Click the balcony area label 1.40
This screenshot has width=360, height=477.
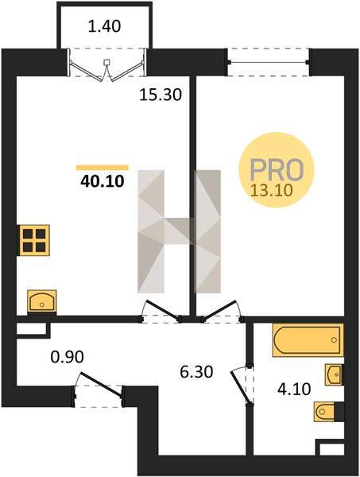pos(104,26)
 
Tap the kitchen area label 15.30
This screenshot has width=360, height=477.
pos(161,95)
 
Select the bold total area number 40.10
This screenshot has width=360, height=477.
pos(103,181)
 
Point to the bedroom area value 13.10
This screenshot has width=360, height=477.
pos(272,191)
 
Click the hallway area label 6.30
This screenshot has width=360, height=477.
pos(196,372)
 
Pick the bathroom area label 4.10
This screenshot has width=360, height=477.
pos(294,389)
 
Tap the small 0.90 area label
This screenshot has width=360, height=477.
pos(68,357)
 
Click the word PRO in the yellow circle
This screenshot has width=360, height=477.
pos(277,169)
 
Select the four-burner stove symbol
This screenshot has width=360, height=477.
pos(33,240)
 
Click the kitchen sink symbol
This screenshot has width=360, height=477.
pos(42,301)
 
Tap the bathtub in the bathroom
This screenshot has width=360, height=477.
pos(308,339)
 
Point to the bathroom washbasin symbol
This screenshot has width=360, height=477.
pos(334,374)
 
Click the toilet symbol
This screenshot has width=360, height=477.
pos(328,411)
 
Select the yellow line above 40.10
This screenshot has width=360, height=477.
pos(103,167)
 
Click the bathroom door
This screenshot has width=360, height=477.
pos(241,386)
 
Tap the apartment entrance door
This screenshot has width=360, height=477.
pos(100,384)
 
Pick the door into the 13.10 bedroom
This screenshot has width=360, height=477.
pos(222,311)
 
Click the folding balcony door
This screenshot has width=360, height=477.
pos(106,66)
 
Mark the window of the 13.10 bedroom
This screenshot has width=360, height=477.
pos(269,62)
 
